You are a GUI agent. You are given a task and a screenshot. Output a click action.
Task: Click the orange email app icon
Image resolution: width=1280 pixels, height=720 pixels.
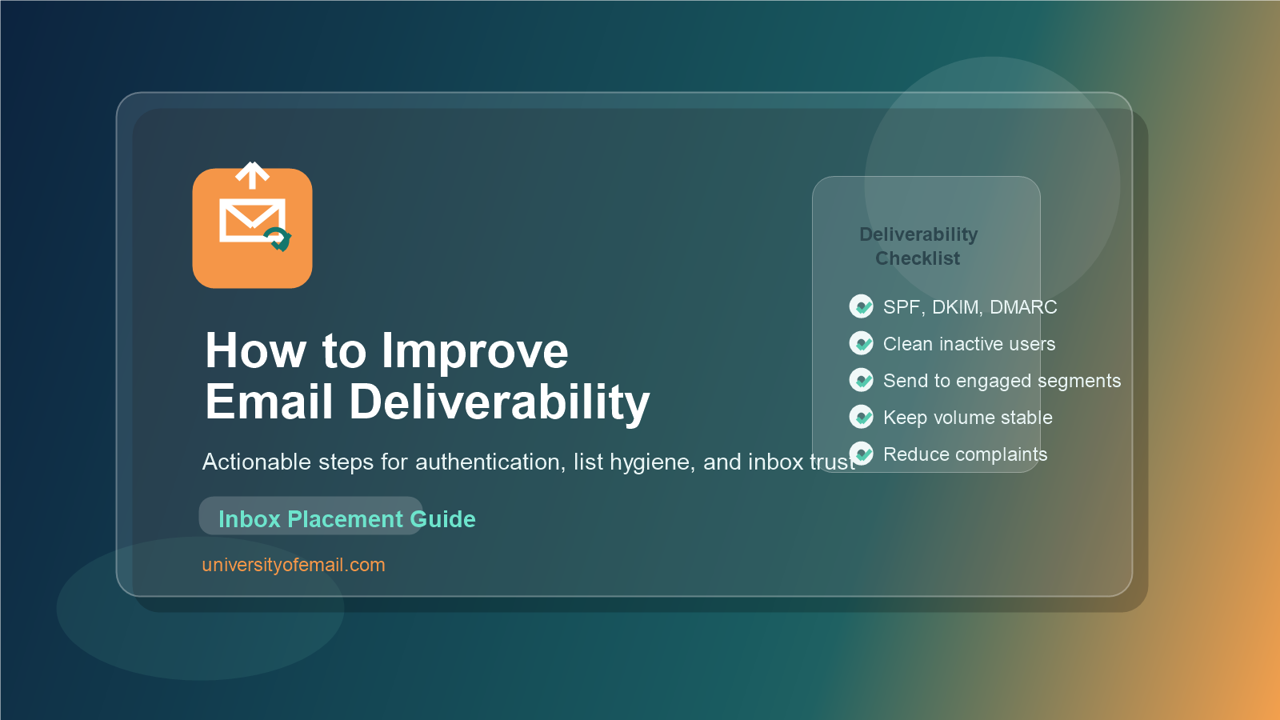tap(252, 228)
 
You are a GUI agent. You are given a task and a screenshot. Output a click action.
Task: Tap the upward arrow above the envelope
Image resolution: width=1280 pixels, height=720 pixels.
tap(252, 175)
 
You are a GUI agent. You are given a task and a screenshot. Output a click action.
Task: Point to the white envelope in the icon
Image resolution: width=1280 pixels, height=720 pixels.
tap(252, 220)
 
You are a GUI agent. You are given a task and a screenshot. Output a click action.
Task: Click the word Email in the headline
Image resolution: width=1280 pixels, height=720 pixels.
tap(269, 401)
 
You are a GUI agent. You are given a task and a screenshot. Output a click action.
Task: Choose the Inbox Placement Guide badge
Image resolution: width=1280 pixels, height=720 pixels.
tap(311, 516)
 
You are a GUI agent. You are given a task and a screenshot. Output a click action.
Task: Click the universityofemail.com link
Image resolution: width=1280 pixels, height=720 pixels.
tap(294, 565)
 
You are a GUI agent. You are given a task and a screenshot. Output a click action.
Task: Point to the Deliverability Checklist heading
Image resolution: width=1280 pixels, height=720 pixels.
tap(918, 246)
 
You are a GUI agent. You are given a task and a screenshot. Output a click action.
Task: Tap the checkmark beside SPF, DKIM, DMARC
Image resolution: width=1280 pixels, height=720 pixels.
tap(861, 306)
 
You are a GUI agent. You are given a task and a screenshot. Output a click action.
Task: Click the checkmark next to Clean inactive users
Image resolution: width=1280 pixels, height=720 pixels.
tap(861, 343)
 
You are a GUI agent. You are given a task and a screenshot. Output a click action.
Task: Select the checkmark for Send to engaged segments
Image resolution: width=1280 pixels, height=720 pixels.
tap(861, 380)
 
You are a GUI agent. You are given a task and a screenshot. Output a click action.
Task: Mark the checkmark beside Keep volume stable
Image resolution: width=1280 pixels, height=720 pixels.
tap(861, 417)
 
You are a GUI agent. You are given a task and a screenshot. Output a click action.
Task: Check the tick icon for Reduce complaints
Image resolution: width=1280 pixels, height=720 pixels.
tap(861, 454)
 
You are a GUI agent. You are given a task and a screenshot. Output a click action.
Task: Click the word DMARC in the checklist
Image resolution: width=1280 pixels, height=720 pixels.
tap(1023, 307)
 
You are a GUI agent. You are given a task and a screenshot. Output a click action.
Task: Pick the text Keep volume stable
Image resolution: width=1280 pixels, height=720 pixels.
tap(967, 418)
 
